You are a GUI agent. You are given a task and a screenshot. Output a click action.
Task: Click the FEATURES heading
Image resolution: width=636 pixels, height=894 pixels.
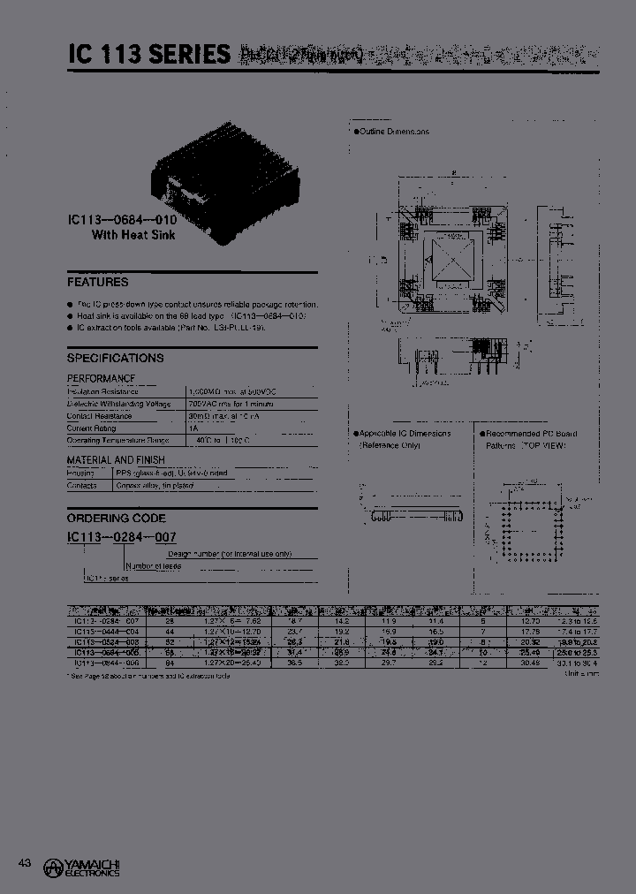click(98, 283)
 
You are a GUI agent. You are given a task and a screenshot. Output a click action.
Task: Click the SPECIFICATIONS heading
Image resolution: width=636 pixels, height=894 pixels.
click(116, 359)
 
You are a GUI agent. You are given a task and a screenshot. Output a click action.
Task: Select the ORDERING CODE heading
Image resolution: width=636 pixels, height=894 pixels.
click(117, 519)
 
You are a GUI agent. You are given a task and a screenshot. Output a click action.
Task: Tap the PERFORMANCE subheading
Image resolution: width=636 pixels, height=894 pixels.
click(101, 378)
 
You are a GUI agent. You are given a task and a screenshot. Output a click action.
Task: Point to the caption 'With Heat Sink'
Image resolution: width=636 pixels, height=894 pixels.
click(134, 236)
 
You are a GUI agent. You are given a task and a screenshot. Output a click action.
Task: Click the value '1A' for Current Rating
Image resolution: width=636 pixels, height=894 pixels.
click(193, 428)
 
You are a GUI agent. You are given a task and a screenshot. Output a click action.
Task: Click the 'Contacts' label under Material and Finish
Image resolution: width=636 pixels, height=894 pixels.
click(83, 485)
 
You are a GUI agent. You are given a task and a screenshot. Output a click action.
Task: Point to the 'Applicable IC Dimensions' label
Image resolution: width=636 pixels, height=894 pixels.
click(405, 434)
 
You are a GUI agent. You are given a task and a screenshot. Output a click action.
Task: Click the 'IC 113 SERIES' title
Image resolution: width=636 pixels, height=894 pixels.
click(149, 55)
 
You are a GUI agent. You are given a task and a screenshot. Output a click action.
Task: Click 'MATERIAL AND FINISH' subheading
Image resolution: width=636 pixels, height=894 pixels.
click(116, 460)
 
